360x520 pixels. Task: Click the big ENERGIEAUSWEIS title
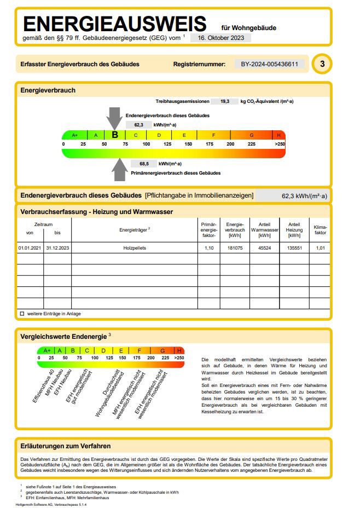(x=115, y=24)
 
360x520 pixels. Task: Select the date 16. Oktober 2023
(x=221, y=38)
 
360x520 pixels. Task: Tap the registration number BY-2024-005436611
(x=269, y=64)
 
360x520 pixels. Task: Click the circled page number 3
(x=322, y=64)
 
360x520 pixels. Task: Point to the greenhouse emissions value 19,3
(x=225, y=101)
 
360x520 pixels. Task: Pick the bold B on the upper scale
(x=115, y=135)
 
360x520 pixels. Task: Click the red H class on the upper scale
(x=278, y=135)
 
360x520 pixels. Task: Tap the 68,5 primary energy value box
(x=144, y=163)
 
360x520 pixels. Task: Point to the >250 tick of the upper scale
(x=280, y=144)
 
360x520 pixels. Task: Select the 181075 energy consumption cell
(x=235, y=247)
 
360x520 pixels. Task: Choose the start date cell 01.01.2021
(x=30, y=247)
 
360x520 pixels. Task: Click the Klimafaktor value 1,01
(x=320, y=247)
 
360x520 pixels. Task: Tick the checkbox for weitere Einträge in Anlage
(x=22, y=314)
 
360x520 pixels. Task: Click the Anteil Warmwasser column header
(x=264, y=230)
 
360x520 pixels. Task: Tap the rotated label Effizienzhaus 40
(x=43, y=386)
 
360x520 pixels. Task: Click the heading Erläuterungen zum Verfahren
(x=66, y=446)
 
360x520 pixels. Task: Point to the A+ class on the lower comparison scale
(x=47, y=350)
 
